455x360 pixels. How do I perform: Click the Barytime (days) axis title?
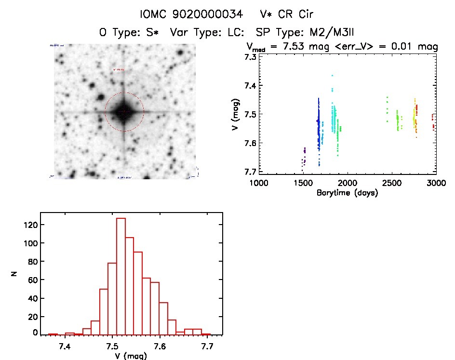pyautogui.click(x=347, y=193)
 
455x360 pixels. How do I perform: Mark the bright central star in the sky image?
pyautogui.click(x=124, y=111)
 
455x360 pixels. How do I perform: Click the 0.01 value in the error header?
pyautogui.click(x=407, y=47)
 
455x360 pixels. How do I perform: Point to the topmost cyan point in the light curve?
pyautogui.click(x=332, y=75)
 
